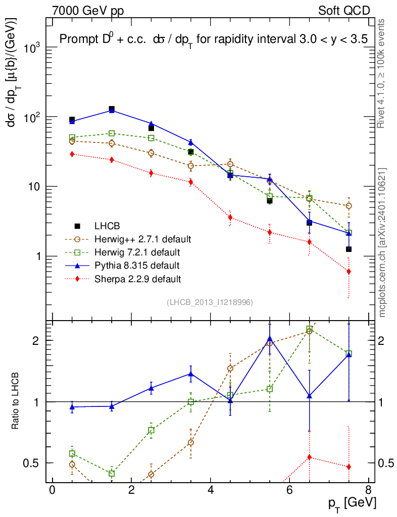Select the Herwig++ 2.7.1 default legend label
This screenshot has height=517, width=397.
(x=142, y=238)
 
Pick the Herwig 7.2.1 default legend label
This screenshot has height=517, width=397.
(x=137, y=251)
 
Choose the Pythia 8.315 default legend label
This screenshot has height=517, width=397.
(x=137, y=265)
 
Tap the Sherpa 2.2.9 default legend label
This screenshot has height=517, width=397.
(x=137, y=278)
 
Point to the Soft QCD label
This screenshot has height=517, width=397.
(x=344, y=10)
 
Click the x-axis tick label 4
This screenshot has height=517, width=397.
(x=211, y=490)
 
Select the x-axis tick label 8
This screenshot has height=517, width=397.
(x=369, y=490)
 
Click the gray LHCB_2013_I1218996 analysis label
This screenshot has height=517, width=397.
(x=210, y=302)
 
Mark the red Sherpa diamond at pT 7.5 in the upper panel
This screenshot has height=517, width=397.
(x=349, y=272)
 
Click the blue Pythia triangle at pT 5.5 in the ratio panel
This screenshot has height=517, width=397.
(x=270, y=338)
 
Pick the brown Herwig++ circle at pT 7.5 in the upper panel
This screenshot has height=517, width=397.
(x=349, y=206)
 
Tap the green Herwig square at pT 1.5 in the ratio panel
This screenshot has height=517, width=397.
(x=112, y=474)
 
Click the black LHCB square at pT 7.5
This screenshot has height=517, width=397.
(x=349, y=249)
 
